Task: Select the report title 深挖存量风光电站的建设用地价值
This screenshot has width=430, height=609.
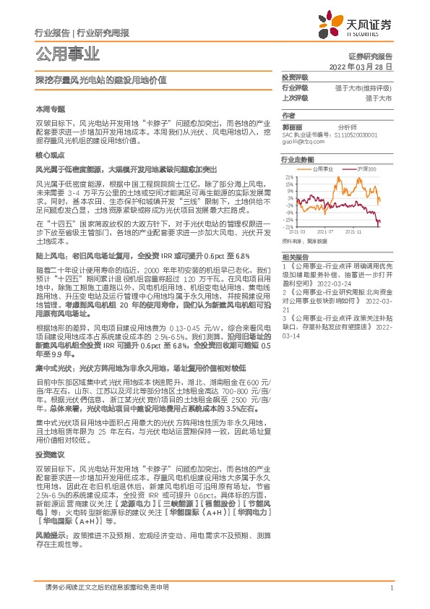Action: [100, 80]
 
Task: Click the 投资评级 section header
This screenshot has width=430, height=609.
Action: [295, 77]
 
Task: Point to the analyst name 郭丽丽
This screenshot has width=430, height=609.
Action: [291, 126]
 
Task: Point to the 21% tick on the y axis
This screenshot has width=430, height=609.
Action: [288, 176]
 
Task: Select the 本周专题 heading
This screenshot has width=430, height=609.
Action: [50, 108]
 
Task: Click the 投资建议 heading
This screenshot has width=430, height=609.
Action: [50, 454]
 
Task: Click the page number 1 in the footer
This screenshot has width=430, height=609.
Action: [391, 589]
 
